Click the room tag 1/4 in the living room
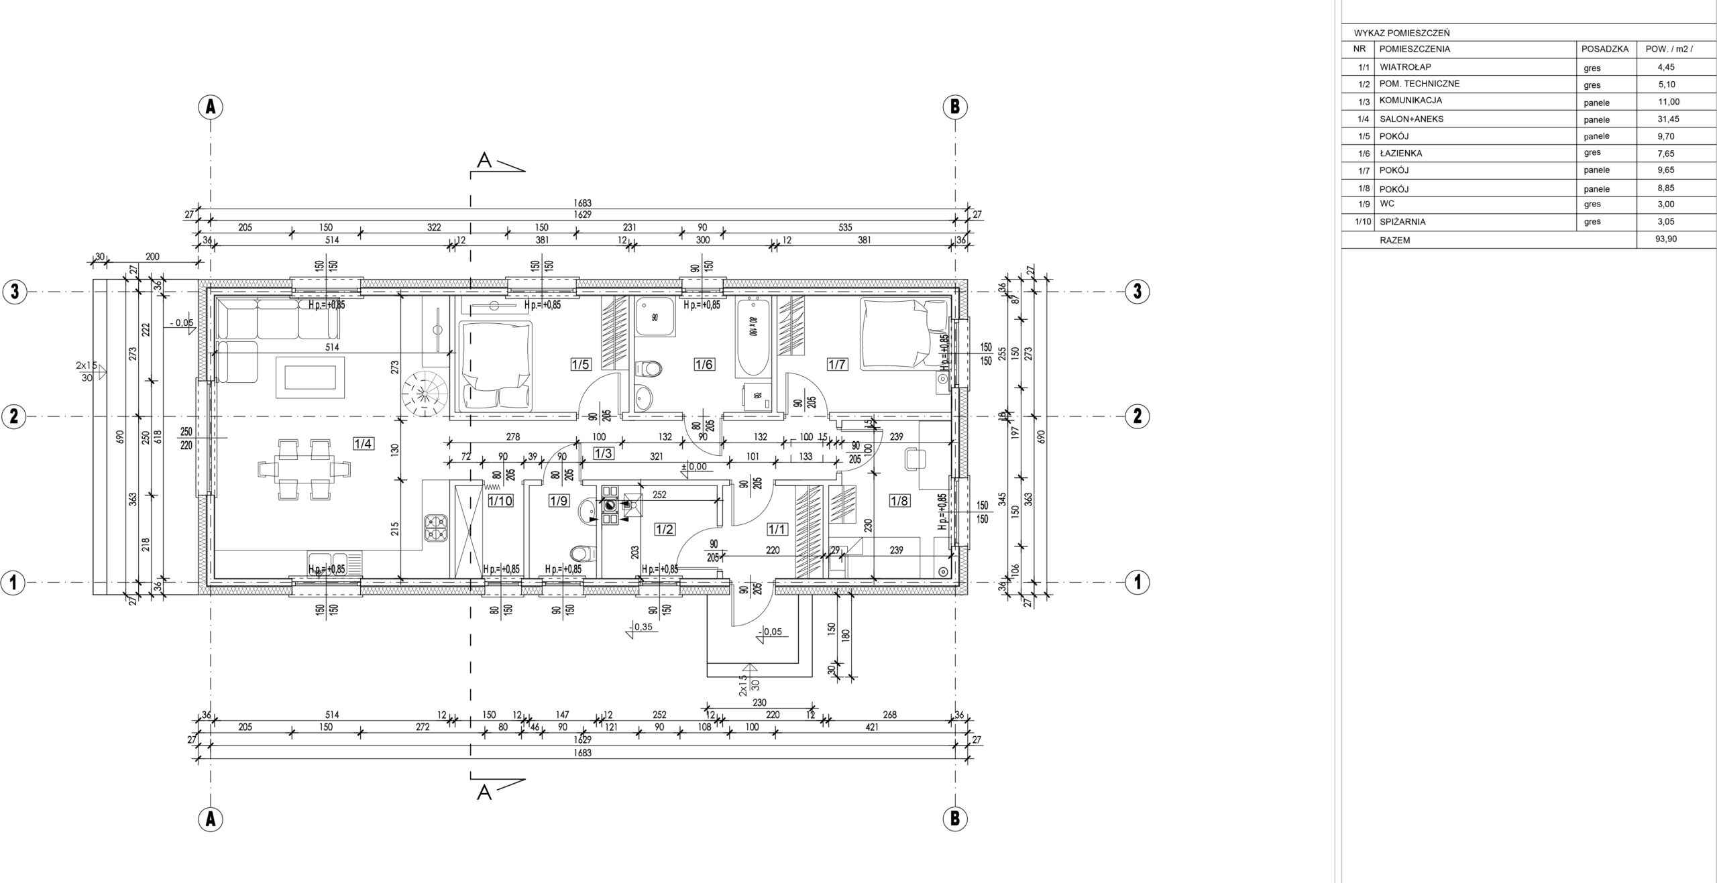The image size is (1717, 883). pos(363,443)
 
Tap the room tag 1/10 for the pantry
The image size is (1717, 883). pos(500,500)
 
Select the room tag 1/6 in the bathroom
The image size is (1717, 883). pos(704,365)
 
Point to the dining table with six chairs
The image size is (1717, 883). pos(304,469)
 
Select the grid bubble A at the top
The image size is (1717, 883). pos(211,107)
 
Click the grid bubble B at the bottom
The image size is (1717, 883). pos(954,818)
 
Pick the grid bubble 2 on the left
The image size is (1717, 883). pos(13,417)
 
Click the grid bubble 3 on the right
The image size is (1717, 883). pos(1137,292)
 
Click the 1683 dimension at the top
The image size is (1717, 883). pos(583,202)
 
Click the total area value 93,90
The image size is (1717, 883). pos(1665,239)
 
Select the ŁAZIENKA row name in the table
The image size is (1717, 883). pos(1401,154)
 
